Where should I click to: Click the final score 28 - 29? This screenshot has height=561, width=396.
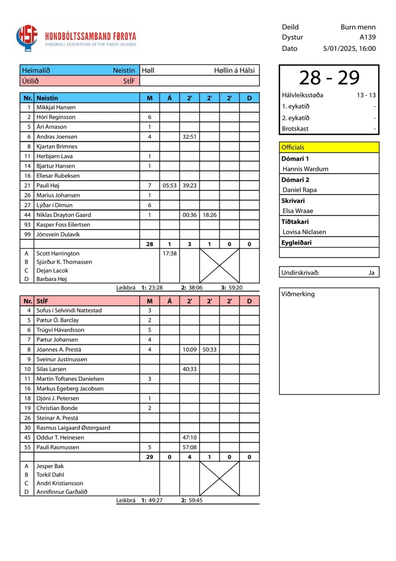click(x=329, y=78)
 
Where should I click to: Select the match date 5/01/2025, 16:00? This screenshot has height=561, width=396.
click(x=349, y=48)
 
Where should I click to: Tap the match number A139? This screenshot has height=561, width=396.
click(x=368, y=37)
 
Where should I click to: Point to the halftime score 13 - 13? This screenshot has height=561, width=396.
click(x=366, y=95)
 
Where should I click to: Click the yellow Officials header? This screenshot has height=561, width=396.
click(x=329, y=147)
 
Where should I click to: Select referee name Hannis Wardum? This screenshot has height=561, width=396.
click(x=305, y=169)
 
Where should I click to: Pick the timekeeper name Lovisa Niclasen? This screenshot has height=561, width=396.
click(x=304, y=232)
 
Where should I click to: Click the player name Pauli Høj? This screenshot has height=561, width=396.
click(x=48, y=186)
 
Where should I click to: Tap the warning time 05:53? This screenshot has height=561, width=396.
click(x=170, y=186)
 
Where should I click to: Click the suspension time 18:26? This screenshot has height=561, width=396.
click(x=209, y=215)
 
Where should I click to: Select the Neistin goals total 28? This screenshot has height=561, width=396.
click(x=150, y=244)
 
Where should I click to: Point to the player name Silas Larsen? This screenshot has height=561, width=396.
click(x=51, y=369)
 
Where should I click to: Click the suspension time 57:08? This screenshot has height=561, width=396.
click(x=190, y=447)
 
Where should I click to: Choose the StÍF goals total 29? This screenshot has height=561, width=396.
click(x=150, y=457)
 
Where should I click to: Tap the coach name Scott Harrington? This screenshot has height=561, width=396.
click(x=58, y=254)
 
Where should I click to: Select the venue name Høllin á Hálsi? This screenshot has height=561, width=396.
click(x=234, y=71)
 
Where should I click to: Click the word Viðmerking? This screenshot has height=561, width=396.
click(x=298, y=294)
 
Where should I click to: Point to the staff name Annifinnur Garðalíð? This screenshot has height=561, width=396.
click(x=62, y=492)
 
